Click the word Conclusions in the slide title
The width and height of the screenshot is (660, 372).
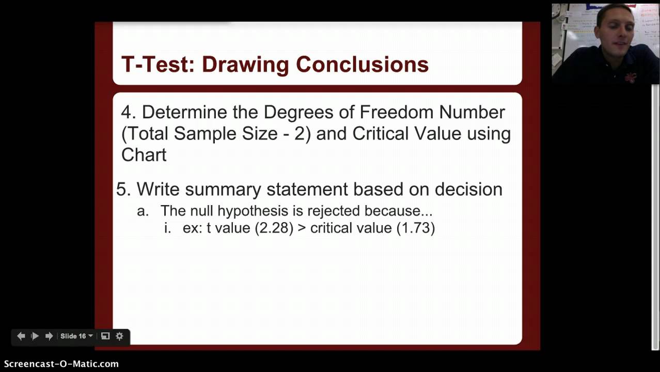click(362, 65)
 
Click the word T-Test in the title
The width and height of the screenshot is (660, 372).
click(153, 65)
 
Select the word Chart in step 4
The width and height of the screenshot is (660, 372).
click(144, 154)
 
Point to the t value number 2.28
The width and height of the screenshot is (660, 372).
click(274, 228)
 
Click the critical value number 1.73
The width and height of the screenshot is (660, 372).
click(416, 228)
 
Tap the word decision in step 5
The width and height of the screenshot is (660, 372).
click(468, 189)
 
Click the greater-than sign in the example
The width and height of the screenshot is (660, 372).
click(302, 228)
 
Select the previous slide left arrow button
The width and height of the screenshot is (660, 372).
click(21, 336)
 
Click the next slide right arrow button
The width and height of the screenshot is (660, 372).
click(49, 336)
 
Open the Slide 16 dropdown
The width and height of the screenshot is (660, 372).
click(76, 336)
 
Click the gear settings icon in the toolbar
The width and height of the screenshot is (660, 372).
click(119, 336)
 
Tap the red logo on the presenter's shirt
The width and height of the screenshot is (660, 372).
click(631, 76)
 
